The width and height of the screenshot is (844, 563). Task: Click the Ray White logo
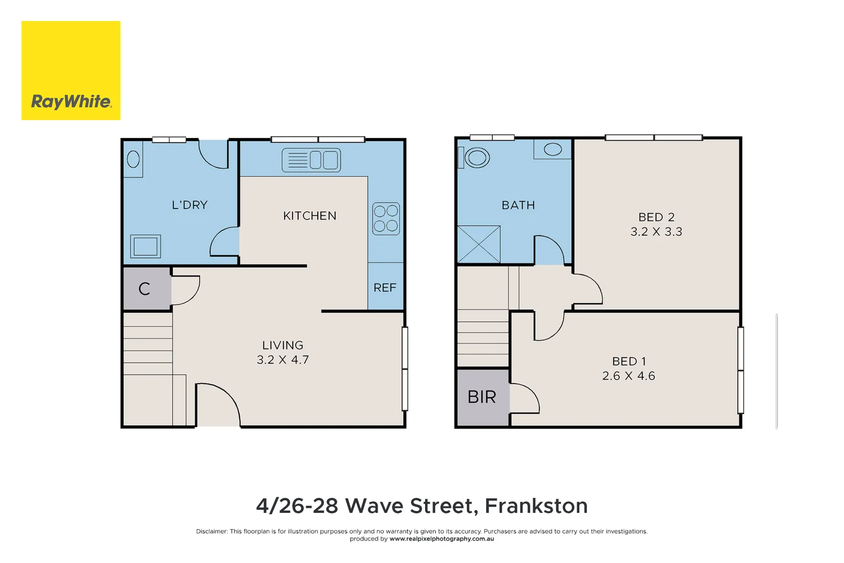[71, 70]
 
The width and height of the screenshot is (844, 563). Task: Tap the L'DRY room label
[190, 205]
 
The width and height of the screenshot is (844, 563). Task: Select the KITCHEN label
[309, 216]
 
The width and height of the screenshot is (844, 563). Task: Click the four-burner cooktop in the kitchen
[386, 218]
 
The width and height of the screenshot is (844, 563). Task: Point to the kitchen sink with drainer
[311, 160]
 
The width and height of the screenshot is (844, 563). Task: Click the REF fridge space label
[385, 288]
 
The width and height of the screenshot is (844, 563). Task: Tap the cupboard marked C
[144, 289]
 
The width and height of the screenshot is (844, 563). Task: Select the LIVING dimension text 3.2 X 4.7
[282, 360]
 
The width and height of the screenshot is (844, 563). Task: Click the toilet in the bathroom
[476, 157]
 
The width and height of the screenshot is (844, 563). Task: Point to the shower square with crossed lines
[478, 244]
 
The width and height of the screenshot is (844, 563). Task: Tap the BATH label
[518, 205]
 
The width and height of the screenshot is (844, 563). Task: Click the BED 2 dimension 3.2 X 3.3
[656, 232]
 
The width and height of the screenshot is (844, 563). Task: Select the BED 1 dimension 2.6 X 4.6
[628, 376]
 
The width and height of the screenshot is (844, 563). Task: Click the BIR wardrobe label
[481, 397]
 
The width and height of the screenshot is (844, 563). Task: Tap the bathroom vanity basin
[552, 150]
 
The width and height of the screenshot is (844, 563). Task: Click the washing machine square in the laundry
[145, 246]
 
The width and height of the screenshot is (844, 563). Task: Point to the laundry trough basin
[133, 159]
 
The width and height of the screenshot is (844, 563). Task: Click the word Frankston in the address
[536, 506]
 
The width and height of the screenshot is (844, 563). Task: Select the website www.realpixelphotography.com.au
[441, 539]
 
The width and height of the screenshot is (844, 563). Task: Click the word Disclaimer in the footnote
[212, 531]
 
